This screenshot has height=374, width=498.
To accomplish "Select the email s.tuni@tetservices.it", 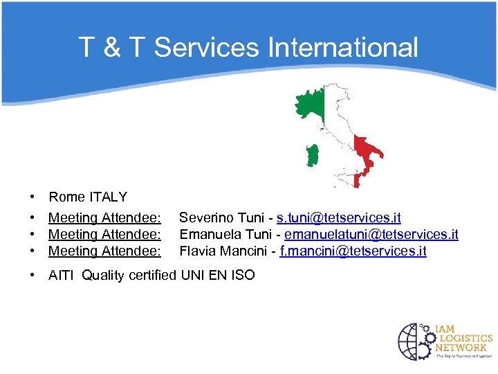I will point(338,218).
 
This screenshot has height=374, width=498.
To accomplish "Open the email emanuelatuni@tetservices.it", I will point(371,235).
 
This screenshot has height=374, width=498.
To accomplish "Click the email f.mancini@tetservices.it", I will point(353,251).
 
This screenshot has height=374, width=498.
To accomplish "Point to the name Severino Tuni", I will point(222,218).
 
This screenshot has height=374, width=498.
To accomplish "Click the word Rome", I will point(66,197).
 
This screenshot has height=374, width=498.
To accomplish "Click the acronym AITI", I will point(61,276).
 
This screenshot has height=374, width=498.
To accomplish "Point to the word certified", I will point(151,276).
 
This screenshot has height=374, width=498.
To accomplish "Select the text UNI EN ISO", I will point(218,276).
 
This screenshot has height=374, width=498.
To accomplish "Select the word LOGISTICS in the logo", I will point(464,337).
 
